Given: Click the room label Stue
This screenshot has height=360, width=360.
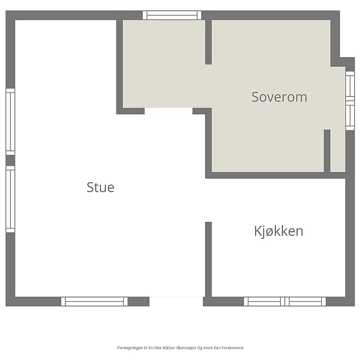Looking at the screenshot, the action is (100, 187).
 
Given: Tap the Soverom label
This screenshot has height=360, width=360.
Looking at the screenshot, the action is (279, 97).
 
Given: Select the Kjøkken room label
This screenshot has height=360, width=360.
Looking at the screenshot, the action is (279, 231).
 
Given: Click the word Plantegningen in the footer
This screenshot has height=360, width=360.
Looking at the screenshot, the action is (130, 348).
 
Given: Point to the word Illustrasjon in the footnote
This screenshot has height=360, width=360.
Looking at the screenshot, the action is (186, 348).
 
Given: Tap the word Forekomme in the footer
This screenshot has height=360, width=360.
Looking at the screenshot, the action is (234, 348).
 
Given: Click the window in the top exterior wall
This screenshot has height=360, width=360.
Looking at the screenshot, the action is (172, 15).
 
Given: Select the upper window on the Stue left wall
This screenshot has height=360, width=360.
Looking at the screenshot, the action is (10, 122).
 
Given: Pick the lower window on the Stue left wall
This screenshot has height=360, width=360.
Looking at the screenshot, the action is (10, 199).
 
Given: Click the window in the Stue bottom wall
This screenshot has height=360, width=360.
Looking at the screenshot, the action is (94, 301).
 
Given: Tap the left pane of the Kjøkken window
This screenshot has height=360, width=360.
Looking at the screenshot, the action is (264, 301).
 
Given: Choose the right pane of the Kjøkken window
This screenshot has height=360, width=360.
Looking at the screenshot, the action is (306, 301).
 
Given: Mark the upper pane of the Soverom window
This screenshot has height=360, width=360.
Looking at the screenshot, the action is (350, 86).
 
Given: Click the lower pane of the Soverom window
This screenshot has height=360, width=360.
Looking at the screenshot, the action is (350, 116).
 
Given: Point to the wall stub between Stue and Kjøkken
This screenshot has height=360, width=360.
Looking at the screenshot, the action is (208, 260).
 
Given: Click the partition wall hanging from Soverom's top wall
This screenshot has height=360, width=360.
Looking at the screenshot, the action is (208, 42).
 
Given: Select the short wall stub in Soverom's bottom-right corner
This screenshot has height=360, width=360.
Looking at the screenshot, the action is (327, 151).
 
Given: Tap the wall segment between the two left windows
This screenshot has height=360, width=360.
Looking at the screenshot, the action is (10, 161).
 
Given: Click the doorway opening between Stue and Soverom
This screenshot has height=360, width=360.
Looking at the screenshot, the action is (168, 111).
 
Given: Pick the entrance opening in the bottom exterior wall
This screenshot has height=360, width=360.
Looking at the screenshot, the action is (176, 301).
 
